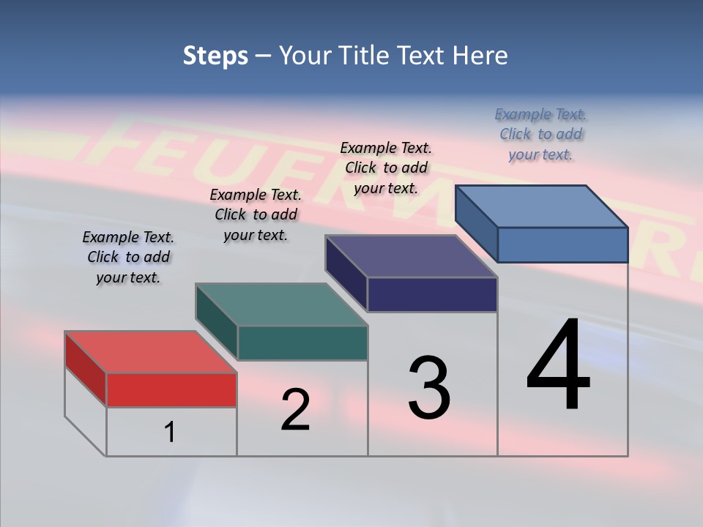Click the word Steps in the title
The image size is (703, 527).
[x=215, y=56]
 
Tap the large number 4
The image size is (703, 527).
[x=558, y=366]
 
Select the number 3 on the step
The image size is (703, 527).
[x=429, y=389]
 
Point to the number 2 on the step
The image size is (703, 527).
[x=296, y=410]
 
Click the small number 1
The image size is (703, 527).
[x=169, y=433]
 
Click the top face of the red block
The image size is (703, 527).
[x=150, y=352]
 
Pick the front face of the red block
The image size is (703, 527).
[x=171, y=390]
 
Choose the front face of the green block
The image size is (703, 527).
[x=302, y=343]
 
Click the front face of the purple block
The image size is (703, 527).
[x=432, y=294]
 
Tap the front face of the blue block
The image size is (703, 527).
[x=562, y=244]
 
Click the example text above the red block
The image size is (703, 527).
[x=128, y=257]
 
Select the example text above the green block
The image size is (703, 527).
[x=256, y=214]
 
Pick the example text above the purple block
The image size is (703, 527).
[x=386, y=168]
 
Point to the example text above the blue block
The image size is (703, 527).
[x=540, y=134]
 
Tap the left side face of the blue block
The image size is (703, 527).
[x=476, y=223]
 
